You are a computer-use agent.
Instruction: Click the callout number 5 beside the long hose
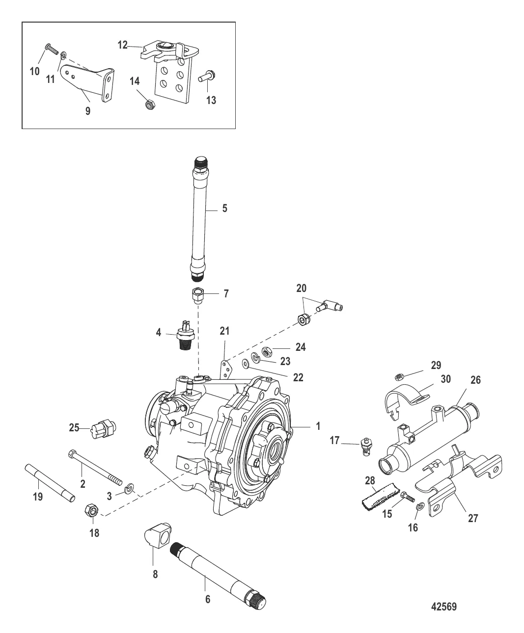(x=224, y=208)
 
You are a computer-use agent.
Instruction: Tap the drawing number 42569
(x=443, y=607)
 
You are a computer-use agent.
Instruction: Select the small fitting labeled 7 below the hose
(x=198, y=296)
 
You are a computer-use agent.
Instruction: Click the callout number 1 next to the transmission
(x=318, y=426)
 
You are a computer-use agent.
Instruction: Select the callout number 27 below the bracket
(x=472, y=518)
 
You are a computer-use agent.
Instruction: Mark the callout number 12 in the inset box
(x=122, y=45)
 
